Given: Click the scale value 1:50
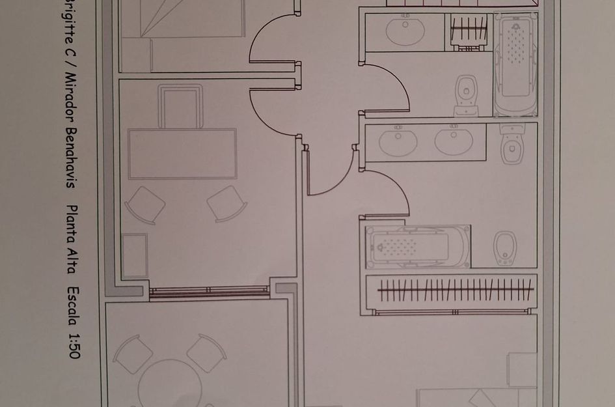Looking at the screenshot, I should [x=73, y=345].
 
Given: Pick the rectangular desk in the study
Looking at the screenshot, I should [x=182, y=154].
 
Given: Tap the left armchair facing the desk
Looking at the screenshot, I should [x=144, y=205].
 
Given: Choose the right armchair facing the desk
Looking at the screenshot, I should [x=227, y=203].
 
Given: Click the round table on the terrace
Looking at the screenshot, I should [x=171, y=384].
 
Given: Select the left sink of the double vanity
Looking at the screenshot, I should [x=397, y=142].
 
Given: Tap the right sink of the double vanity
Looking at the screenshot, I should [x=454, y=142].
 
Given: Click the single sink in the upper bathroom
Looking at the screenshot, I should [x=405, y=31].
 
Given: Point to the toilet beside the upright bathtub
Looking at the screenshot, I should [x=466, y=94].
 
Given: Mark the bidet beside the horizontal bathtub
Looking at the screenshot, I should [x=505, y=247].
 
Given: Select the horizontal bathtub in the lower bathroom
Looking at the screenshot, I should [x=417, y=247].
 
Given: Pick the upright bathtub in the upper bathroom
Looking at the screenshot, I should [x=515, y=64].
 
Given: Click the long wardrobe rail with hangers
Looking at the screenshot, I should [x=455, y=290].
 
